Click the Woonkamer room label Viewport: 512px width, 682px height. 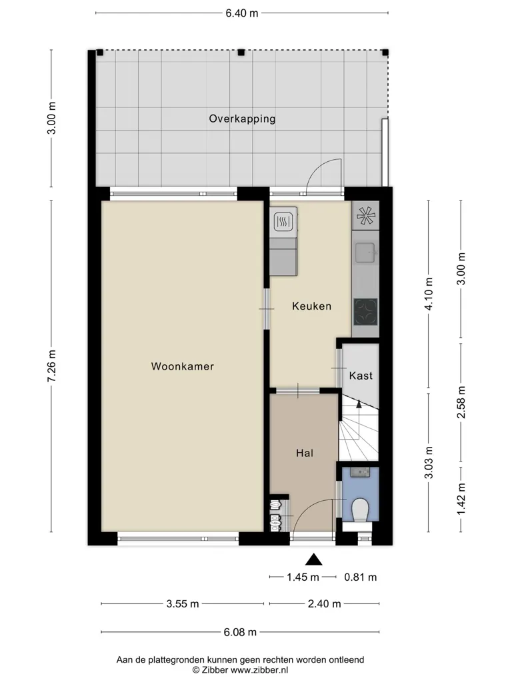coord(183,366)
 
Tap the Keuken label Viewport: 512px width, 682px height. coord(312,306)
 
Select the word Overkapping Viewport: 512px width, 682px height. coord(242,119)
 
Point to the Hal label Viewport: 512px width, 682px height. coord(304,453)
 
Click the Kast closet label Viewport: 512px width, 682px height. coord(361,376)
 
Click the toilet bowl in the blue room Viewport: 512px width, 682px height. coord(360,510)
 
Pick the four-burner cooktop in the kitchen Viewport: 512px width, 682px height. coord(365,312)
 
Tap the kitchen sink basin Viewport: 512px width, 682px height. coord(365,252)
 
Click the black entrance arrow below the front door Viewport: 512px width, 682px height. coord(313,559)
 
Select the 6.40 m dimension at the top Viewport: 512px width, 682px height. coord(241,13)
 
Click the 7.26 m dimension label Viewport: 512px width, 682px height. coord(51,366)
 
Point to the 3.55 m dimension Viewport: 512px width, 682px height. coord(183,603)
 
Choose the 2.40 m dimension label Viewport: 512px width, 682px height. coord(325,603)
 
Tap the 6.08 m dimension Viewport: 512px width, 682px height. coord(240,632)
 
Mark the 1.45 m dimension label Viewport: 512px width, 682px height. coord(303,577)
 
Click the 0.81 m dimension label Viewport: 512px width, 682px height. coord(361,577)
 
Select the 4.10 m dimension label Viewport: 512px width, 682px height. coord(429,294)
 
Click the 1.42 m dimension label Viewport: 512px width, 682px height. coord(461,499)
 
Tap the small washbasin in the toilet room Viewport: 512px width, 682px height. coord(360,472)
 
